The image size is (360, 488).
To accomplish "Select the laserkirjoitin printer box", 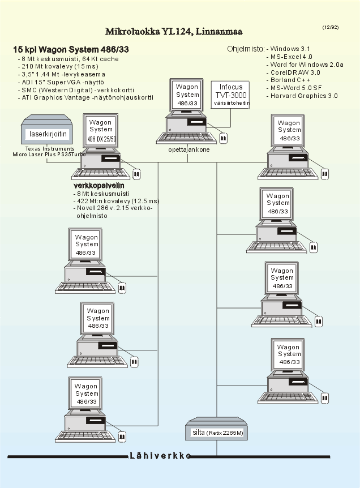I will click(x=47, y=134).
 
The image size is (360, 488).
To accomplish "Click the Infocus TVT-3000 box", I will click(x=230, y=95).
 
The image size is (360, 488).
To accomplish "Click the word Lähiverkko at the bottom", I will click(x=160, y=456).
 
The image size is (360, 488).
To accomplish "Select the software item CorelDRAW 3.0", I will click(x=295, y=72).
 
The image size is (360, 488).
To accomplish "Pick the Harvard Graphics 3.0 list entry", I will click(x=304, y=96).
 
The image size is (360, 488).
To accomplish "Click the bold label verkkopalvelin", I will click(x=99, y=185).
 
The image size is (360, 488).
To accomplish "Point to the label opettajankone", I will click(x=189, y=150).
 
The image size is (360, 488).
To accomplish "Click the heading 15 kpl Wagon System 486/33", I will click(x=71, y=50).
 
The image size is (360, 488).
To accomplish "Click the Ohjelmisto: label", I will click(x=246, y=49).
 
